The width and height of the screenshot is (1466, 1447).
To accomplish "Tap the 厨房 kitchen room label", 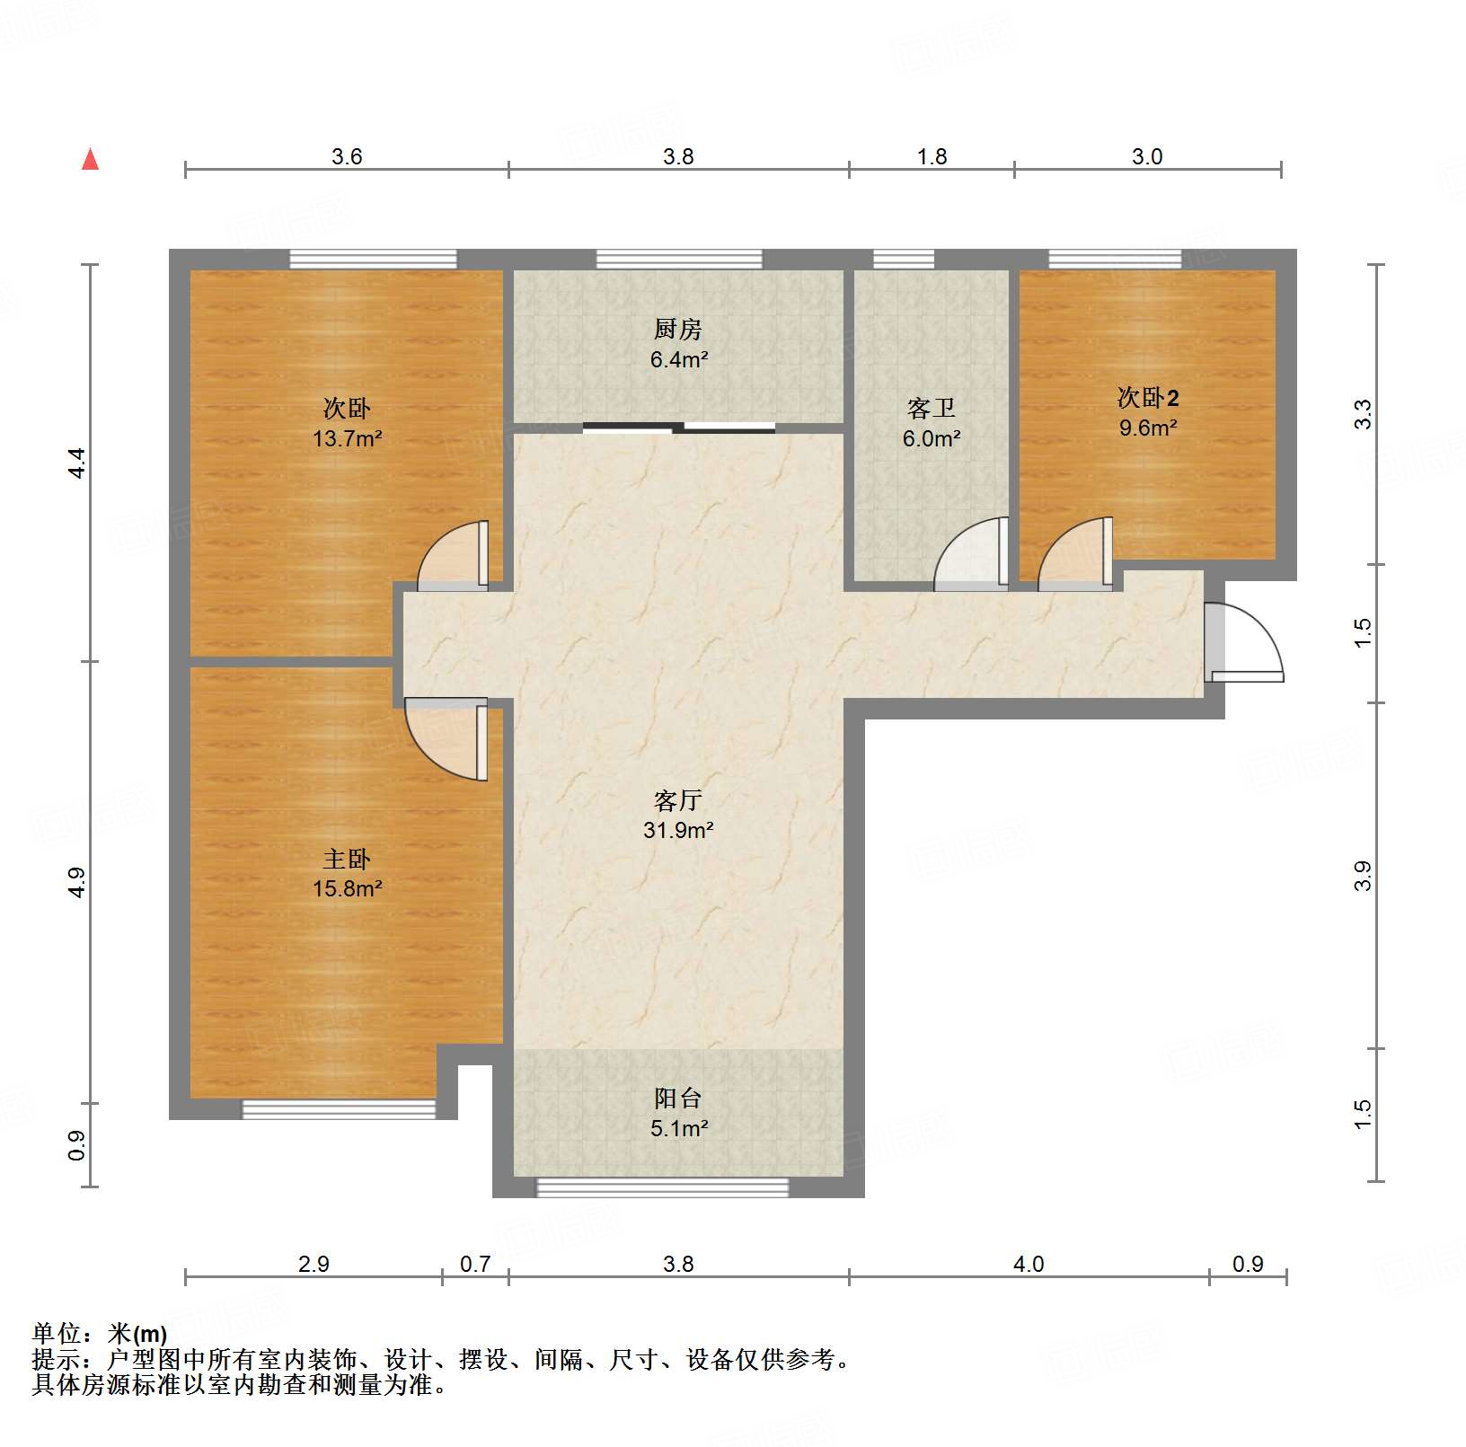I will click(678, 344).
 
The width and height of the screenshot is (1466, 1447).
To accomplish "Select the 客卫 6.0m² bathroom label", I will click(932, 423).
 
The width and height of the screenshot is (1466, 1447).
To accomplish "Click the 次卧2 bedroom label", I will click(1147, 411).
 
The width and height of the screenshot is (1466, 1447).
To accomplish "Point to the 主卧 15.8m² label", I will click(347, 873).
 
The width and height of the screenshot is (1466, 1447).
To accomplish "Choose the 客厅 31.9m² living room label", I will click(678, 815).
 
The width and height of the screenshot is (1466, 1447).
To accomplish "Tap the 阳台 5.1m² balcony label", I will click(678, 1113).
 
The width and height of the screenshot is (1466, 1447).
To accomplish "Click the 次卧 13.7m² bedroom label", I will click(347, 423).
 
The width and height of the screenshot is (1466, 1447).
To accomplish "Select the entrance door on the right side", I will click(1243, 642).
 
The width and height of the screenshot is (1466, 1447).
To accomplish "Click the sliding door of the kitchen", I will click(679, 428).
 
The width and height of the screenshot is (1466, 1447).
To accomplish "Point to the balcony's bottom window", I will click(662, 1187).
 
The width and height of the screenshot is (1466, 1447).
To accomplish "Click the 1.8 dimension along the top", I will click(932, 156).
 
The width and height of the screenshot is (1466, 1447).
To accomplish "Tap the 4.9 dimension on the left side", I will click(77, 881).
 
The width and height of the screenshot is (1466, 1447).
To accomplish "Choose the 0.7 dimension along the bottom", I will click(475, 1264).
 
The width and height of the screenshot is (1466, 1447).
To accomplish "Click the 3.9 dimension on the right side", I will click(1363, 875).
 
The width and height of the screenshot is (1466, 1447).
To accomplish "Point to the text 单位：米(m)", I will click(99, 1334).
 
